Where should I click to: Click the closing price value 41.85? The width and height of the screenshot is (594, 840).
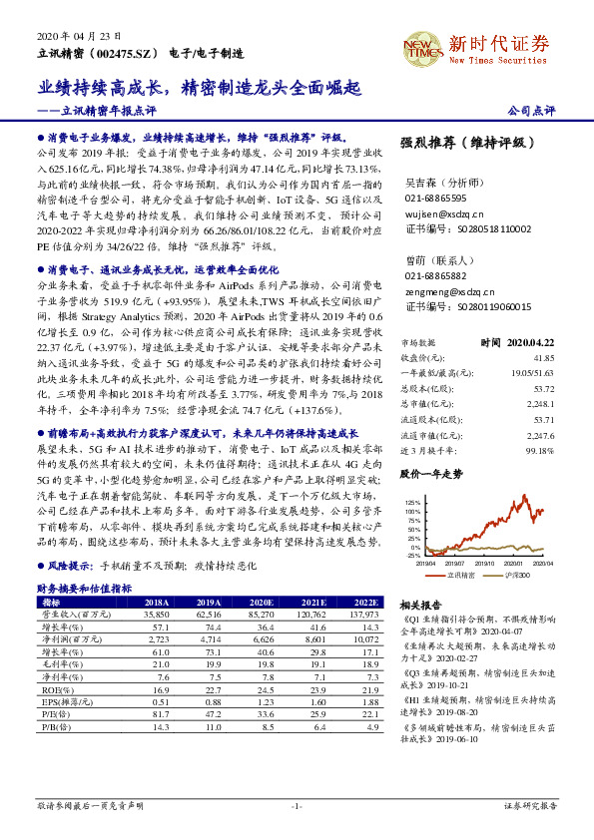543,356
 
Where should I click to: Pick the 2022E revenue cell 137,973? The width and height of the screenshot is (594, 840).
362,615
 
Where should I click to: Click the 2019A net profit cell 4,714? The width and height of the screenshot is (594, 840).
209,637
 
